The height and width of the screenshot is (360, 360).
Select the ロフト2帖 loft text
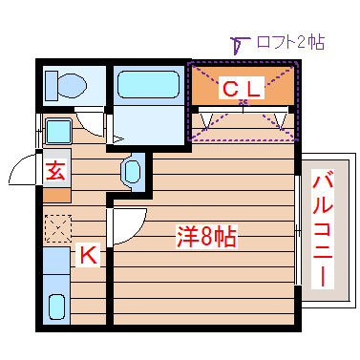click(290, 43)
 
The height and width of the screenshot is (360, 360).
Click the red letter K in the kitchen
click(87, 255)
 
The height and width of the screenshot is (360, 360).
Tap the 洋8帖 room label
click(206, 236)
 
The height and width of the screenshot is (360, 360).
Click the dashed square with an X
click(57, 230)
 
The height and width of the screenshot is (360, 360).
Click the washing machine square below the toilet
click(57, 130)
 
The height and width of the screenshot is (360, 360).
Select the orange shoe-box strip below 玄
click(56, 193)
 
